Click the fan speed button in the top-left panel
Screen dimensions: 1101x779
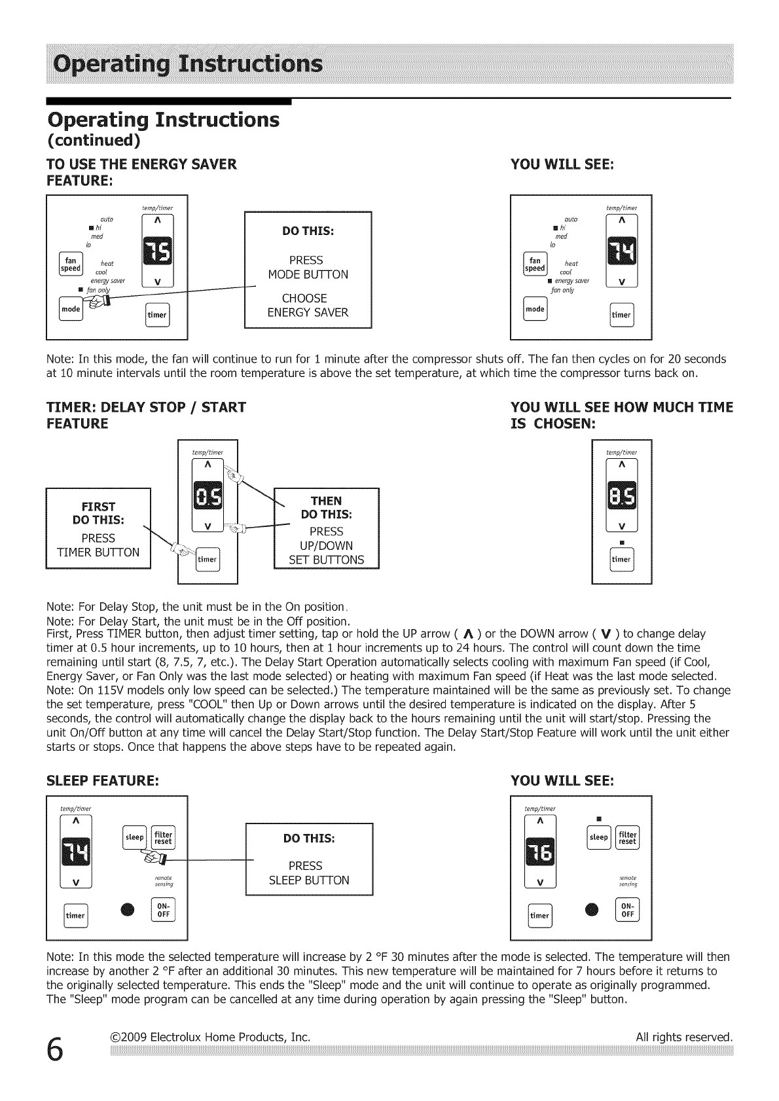69,264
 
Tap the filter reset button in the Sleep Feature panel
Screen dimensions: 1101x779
163,837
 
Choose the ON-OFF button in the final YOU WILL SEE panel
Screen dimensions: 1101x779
628,911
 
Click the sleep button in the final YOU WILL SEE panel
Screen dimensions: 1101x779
598,837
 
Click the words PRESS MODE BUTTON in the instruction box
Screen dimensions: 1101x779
308,267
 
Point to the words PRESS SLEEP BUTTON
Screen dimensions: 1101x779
309,873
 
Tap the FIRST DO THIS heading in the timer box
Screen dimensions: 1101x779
98,513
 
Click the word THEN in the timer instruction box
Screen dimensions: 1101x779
325,501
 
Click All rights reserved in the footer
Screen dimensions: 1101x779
683,1038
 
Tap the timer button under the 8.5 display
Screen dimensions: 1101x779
621,559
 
